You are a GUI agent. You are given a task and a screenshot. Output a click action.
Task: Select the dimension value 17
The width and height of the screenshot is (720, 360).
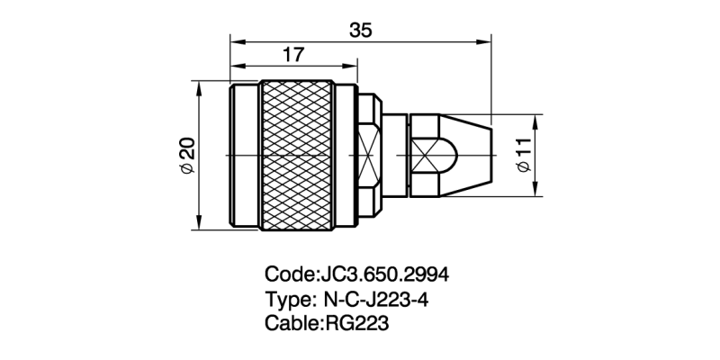pyautogui.click(x=292, y=55)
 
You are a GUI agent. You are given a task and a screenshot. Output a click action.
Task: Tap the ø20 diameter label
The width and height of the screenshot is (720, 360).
pyautogui.click(x=186, y=156)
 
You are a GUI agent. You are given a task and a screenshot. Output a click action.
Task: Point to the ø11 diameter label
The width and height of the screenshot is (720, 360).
pyautogui.click(x=524, y=154)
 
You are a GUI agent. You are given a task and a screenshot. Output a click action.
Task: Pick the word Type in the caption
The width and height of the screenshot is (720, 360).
pyautogui.click(x=285, y=299)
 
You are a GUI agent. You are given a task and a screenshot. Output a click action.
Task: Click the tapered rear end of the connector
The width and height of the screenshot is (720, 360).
pyautogui.click(x=468, y=154)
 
